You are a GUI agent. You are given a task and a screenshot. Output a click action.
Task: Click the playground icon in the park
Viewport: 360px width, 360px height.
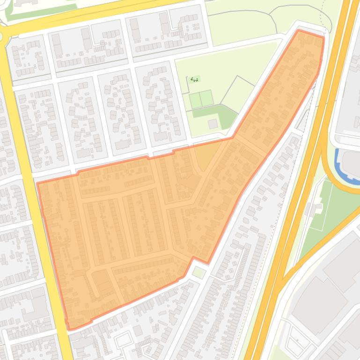[194, 80]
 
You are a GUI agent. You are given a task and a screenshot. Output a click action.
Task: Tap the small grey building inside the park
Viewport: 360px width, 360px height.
[213, 124]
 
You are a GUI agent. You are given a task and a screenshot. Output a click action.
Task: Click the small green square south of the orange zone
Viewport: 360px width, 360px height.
[199, 272]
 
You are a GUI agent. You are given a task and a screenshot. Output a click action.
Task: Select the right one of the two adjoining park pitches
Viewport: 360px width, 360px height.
[206, 99]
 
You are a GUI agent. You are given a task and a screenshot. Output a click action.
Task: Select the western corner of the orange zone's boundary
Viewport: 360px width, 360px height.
[37, 183]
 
